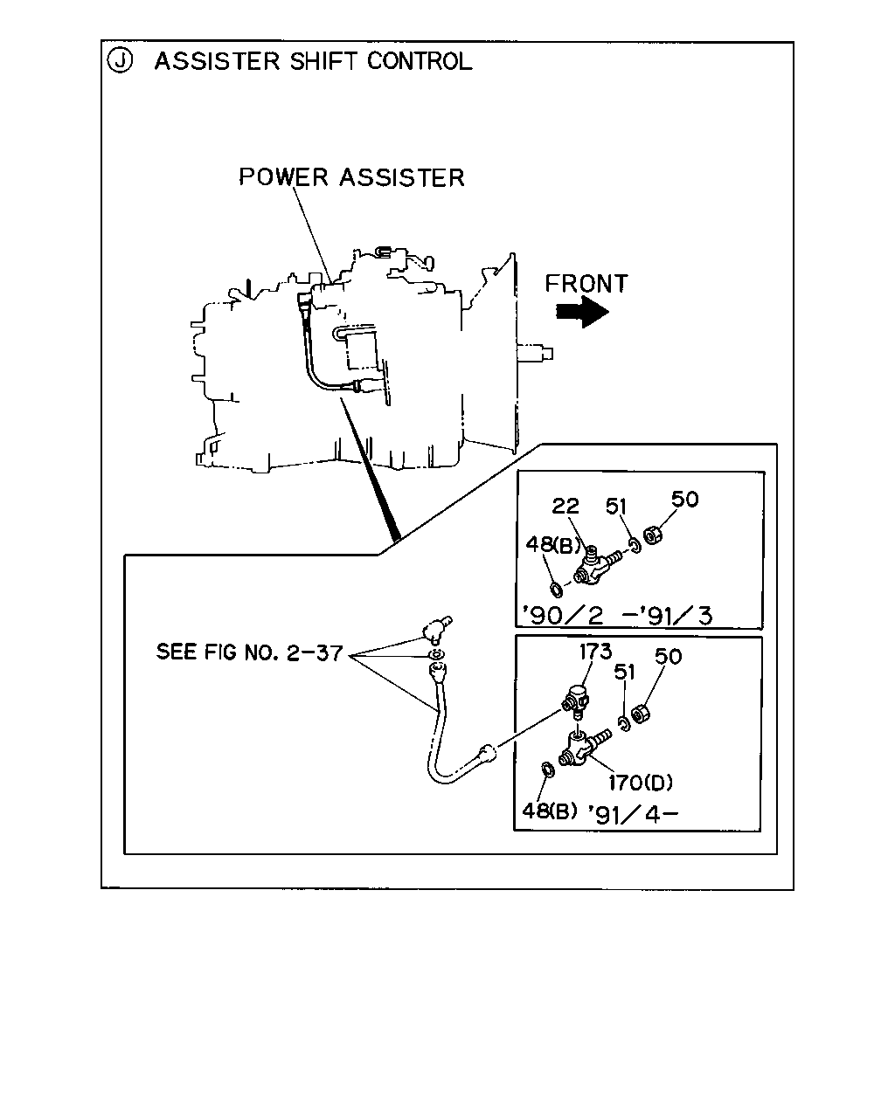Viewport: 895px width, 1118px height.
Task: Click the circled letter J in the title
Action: [120, 61]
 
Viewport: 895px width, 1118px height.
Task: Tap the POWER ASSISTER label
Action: [351, 177]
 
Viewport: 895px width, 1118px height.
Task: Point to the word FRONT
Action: [586, 284]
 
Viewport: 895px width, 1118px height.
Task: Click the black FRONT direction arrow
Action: [582, 312]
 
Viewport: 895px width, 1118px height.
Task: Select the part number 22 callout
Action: [565, 506]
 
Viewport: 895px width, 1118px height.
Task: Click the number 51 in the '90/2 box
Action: [616, 506]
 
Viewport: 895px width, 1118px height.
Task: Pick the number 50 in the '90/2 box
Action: [685, 500]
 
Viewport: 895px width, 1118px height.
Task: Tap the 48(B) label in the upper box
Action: [552, 544]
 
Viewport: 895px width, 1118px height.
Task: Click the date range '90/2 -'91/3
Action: [617, 615]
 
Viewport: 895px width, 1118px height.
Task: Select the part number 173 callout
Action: [596, 651]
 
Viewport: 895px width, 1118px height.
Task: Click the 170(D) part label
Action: [641, 782]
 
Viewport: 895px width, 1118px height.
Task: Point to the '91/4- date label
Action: [633, 814]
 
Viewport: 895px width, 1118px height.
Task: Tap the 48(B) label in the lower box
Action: [550, 811]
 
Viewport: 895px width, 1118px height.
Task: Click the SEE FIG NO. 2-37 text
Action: [250, 652]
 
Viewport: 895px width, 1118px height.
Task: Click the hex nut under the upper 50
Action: [652, 535]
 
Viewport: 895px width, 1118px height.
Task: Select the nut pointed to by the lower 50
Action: [640, 714]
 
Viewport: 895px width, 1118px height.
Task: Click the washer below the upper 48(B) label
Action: [557, 590]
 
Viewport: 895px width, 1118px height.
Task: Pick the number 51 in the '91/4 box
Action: [625, 673]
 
